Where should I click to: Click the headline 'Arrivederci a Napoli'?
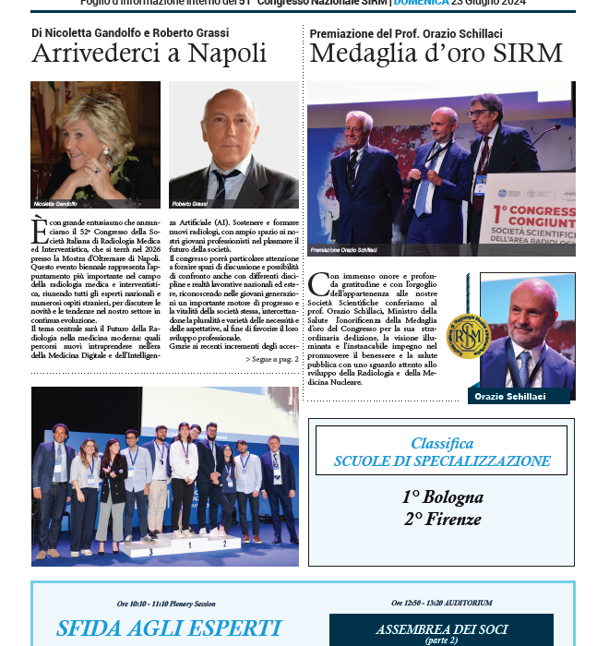pyautogui.click(x=149, y=54)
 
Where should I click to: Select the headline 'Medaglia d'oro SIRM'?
pyautogui.click(x=436, y=54)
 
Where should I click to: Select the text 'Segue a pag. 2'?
pyautogui.click(x=272, y=358)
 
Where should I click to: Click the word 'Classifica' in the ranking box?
pyautogui.click(x=442, y=444)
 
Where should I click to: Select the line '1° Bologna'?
pyautogui.click(x=442, y=497)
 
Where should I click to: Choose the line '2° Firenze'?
pyautogui.click(x=442, y=519)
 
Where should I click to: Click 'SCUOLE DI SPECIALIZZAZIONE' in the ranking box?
pyautogui.click(x=442, y=461)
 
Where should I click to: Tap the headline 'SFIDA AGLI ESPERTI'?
pyautogui.click(x=168, y=629)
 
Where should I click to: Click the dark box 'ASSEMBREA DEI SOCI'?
pyautogui.click(x=441, y=633)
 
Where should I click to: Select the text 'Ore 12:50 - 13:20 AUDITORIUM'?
pyautogui.click(x=441, y=603)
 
